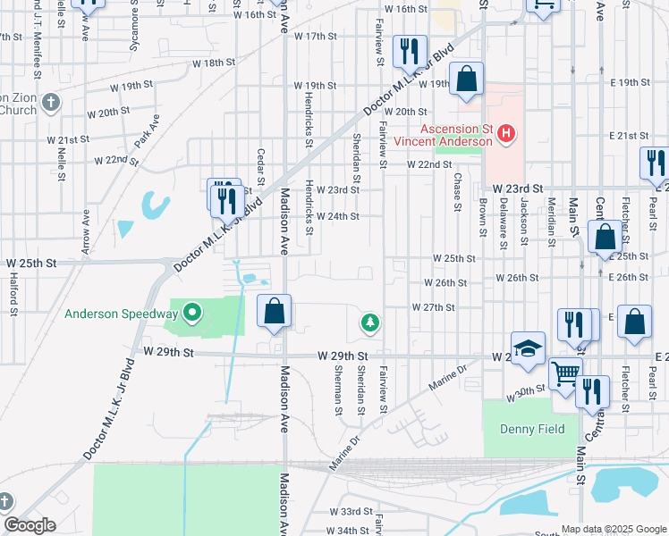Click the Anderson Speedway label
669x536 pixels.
pos(121,314)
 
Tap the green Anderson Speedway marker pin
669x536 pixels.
pos(191,314)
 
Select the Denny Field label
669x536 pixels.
pos(532,429)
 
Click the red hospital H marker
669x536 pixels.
pos(506,135)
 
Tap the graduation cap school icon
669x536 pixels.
pos(529,348)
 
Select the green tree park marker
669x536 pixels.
pos(368,322)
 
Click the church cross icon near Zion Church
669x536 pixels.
pos(50,103)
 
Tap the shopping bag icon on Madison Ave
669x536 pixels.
pos(275,313)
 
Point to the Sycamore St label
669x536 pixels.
pos(133,36)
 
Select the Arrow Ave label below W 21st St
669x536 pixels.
pos(87,232)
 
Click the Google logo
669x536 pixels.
pos(30,525)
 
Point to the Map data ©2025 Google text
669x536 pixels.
pos(613,529)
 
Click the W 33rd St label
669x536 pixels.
pos(350,511)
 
